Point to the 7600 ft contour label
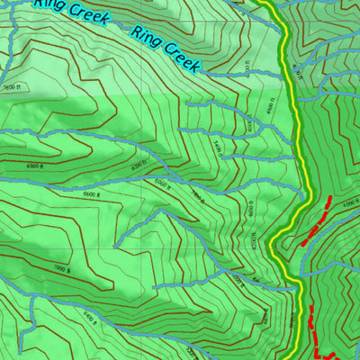pyautogui.click(x=10, y=87)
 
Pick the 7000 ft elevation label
pyautogui.click(x=60, y=269)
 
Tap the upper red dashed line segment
pyautogui.click(x=316, y=221)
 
